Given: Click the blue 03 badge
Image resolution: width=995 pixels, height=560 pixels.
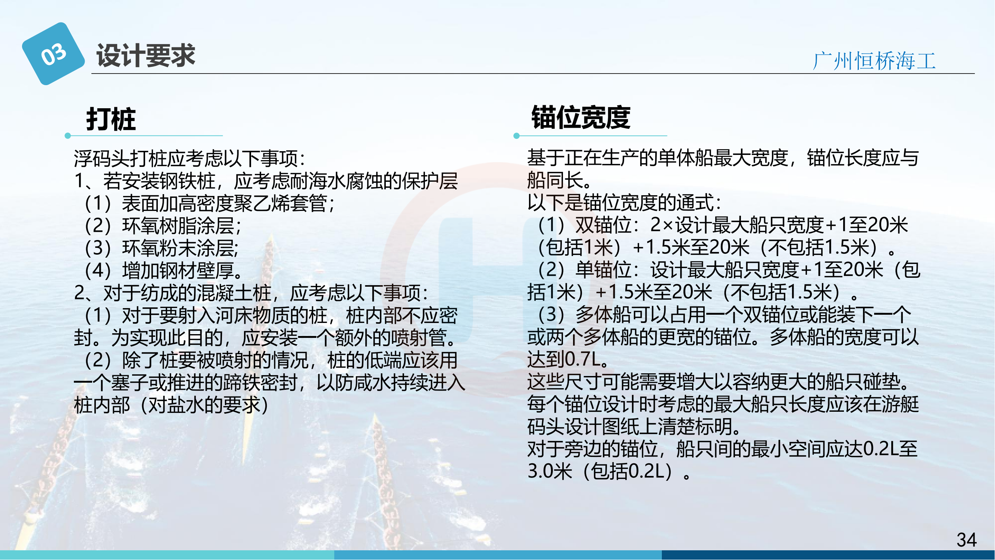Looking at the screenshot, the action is click(x=53, y=54).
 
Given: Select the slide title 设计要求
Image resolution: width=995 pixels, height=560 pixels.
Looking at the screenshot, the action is click(x=146, y=56).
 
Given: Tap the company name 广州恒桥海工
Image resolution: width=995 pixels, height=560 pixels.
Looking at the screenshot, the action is click(x=874, y=61).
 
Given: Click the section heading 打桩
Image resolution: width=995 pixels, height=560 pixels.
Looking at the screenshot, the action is click(x=111, y=119).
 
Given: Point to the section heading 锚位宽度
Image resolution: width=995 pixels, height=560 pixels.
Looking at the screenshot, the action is click(x=581, y=117).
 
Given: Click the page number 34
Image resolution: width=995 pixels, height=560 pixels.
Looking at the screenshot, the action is click(x=967, y=539).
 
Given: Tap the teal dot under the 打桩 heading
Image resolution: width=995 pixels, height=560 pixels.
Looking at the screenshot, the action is click(x=68, y=136).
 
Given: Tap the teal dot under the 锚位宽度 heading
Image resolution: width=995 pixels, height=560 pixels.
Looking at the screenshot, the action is click(x=516, y=136).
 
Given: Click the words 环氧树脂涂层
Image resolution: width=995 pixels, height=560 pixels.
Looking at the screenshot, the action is click(x=178, y=226).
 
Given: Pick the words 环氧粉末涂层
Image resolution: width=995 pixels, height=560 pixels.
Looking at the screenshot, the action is click(x=178, y=248).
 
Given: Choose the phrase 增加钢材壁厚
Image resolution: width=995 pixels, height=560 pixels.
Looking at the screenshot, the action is click(x=178, y=271).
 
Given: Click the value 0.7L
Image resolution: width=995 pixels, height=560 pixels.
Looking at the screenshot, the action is click(x=582, y=360).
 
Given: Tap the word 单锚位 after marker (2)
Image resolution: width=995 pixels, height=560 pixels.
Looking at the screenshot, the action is click(x=603, y=270).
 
